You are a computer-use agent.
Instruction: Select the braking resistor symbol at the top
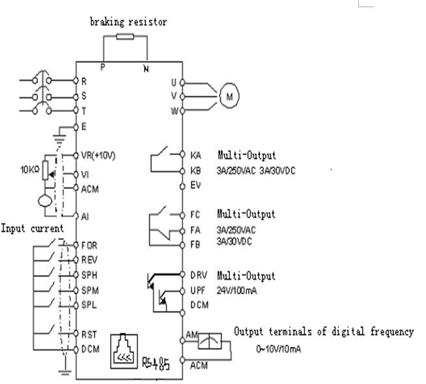(x=126, y=37)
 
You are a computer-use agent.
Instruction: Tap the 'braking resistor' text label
(x=128, y=22)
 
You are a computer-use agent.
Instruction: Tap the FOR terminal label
(x=89, y=245)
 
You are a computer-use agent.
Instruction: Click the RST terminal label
(x=89, y=334)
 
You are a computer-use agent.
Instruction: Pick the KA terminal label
(x=195, y=156)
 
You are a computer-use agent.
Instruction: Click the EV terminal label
(x=195, y=186)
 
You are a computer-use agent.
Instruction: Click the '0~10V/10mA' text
(x=278, y=349)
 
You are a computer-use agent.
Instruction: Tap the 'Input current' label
(x=32, y=228)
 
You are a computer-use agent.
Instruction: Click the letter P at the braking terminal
(x=102, y=66)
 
